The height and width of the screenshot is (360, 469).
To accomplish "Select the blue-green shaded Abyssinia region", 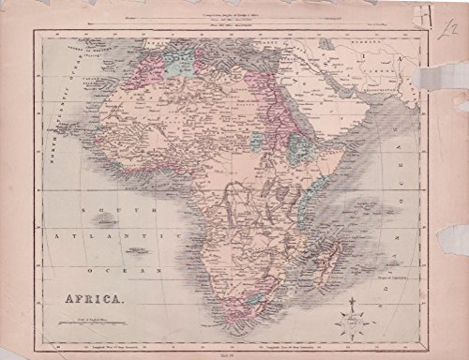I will (300, 145).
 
